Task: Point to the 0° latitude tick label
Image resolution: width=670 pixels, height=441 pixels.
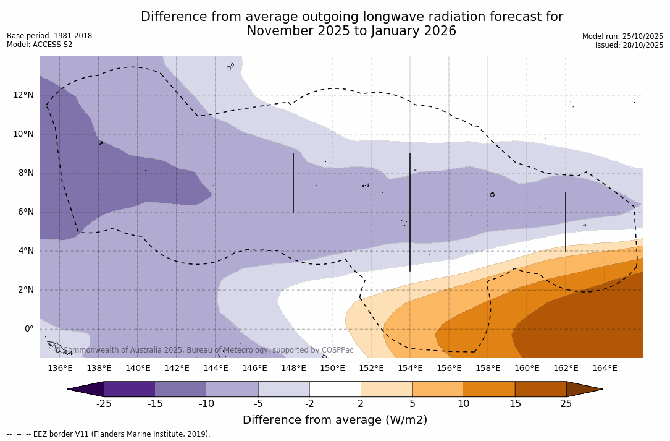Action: (28, 329)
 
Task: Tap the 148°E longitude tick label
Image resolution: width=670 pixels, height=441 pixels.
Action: (293, 369)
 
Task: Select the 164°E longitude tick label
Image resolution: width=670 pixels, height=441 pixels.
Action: (605, 369)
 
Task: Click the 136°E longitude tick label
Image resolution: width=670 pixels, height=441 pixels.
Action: (60, 369)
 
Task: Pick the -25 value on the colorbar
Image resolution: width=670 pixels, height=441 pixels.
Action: (104, 404)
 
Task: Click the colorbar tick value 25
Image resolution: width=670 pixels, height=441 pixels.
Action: (566, 404)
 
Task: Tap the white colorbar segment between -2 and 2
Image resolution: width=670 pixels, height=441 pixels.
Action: (335, 389)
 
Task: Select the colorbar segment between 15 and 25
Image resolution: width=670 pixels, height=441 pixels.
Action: (540, 389)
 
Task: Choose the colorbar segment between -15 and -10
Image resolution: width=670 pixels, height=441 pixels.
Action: (181, 389)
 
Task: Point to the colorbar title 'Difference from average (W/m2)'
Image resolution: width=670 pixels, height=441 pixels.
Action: (335, 421)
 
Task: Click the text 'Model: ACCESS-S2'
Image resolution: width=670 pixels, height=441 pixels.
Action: (40, 45)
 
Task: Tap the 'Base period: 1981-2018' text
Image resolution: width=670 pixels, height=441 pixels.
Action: (49, 36)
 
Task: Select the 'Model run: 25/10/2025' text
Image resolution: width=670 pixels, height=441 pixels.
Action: (622, 36)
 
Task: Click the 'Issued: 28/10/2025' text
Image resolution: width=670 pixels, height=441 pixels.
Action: (629, 45)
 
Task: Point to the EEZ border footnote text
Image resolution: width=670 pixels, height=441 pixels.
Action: (109, 434)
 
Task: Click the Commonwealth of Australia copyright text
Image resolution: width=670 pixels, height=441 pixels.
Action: (204, 350)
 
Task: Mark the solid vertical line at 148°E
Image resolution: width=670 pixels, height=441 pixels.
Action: (293, 182)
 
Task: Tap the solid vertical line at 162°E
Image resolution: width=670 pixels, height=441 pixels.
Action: (566, 221)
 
